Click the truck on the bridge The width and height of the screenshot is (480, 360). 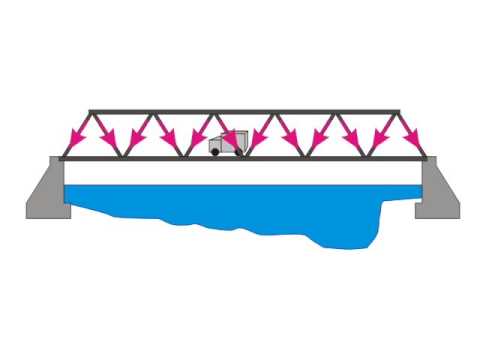[x=226, y=143]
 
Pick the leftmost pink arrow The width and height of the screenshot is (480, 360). [x=76, y=135]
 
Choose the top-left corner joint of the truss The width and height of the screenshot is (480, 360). [x=91, y=111]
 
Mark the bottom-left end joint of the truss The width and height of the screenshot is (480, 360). [x=61, y=158]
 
